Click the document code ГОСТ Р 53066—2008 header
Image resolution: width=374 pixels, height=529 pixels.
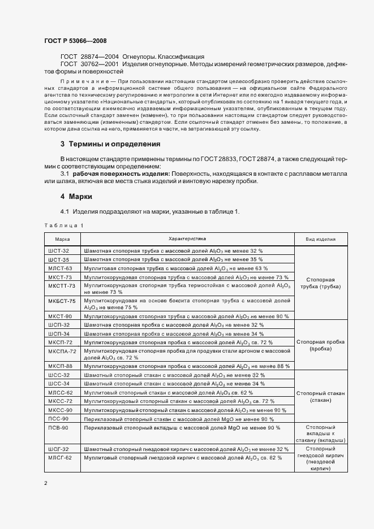tap(75, 41)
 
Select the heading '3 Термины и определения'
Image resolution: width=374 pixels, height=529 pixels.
tap(106, 144)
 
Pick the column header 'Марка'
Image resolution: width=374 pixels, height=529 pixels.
tap(62, 239)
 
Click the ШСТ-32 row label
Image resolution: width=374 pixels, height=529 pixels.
tap(59, 250)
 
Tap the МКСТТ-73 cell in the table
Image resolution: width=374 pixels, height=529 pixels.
tap(62, 285)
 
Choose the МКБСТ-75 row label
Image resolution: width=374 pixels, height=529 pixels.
tap(62, 301)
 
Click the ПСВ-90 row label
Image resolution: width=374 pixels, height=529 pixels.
tap(59, 427)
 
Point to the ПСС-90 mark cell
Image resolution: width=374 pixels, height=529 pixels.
tap(59, 419)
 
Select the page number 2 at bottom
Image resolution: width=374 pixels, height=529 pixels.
tap(46, 483)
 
